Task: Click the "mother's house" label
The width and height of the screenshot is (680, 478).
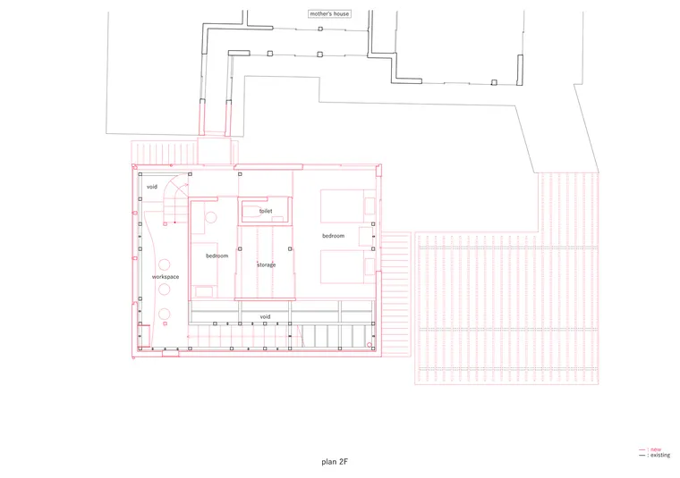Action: pyautogui.click(x=329, y=14)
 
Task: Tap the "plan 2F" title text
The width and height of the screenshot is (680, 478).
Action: pyautogui.click(x=335, y=462)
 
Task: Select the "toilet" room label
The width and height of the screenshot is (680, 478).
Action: pyautogui.click(x=266, y=211)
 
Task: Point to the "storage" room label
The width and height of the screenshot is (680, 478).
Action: pyautogui.click(x=267, y=264)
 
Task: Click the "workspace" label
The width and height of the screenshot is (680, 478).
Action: pyautogui.click(x=166, y=277)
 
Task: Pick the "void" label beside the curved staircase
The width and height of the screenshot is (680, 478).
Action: pyautogui.click(x=152, y=187)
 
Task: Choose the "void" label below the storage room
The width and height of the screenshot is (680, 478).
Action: pyautogui.click(x=265, y=316)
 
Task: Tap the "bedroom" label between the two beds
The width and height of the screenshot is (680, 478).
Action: pyautogui.click(x=333, y=236)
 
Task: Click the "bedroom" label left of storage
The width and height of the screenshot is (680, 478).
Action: pyautogui.click(x=217, y=256)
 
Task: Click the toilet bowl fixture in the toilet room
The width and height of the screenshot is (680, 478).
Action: pyautogui.click(x=254, y=211)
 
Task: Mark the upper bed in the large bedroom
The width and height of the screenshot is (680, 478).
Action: pyautogui.click(x=348, y=206)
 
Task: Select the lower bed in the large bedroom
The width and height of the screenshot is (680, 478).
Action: pyautogui.click(x=348, y=267)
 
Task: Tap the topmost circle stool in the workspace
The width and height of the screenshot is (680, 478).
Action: pyautogui.click(x=164, y=264)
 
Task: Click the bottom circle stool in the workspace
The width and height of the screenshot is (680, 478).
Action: pyautogui.click(x=164, y=314)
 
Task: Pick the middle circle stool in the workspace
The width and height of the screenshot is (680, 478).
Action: pyautogui.click(x=164, y=289)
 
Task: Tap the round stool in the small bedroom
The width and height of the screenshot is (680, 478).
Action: pyautogui.click(x=211, y=217)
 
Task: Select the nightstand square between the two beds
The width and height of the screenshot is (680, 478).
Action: pyautogui.click(x=366, y=237)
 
